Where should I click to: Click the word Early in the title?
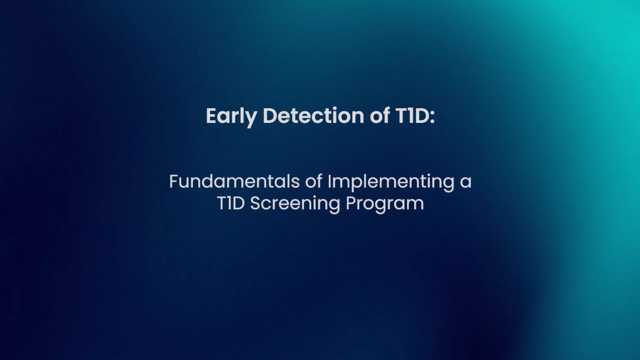(x=231, y=116)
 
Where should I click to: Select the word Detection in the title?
(x=314, y=115)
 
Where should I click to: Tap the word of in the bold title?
(x=380, y=115)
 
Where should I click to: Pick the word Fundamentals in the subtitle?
(x=235, y=182)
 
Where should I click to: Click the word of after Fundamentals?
(x=314, y=182)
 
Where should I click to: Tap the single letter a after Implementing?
(x=466, y=184)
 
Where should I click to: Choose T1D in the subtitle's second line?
(x=231, y=204)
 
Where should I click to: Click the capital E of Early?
(x=211, y=116)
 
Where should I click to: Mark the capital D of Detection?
(x=270, y=116)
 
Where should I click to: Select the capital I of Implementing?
(x=330, y=182)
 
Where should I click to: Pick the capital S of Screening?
(x=255, y=204)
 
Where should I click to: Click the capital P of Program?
(x=351, y=204)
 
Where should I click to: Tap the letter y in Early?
(x=252, y=119)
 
